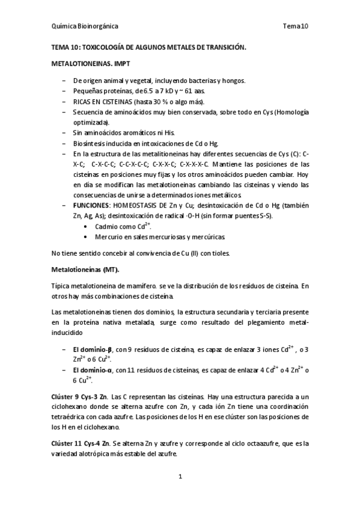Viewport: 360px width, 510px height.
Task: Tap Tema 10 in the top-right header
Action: click(296, 26)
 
